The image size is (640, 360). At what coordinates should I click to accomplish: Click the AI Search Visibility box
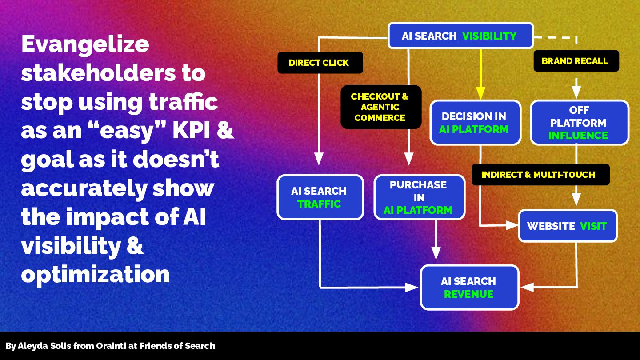(460, 36)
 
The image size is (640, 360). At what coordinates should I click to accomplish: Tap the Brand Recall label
(576, 61)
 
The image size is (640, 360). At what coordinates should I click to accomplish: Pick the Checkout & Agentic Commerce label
(380, 107)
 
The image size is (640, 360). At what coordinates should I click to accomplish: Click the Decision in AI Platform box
(475, 123)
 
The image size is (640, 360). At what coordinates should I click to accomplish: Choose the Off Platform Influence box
(579, 123)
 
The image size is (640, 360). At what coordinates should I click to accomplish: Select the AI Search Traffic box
(320, 197)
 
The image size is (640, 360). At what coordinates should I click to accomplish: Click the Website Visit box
(568, 226)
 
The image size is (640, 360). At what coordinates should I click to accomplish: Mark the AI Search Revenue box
(469, 287)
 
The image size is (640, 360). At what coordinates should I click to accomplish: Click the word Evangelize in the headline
(85, 44)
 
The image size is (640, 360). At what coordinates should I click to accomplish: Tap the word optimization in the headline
(95, 274)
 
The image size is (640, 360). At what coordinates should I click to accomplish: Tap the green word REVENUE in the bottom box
(468, 294)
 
